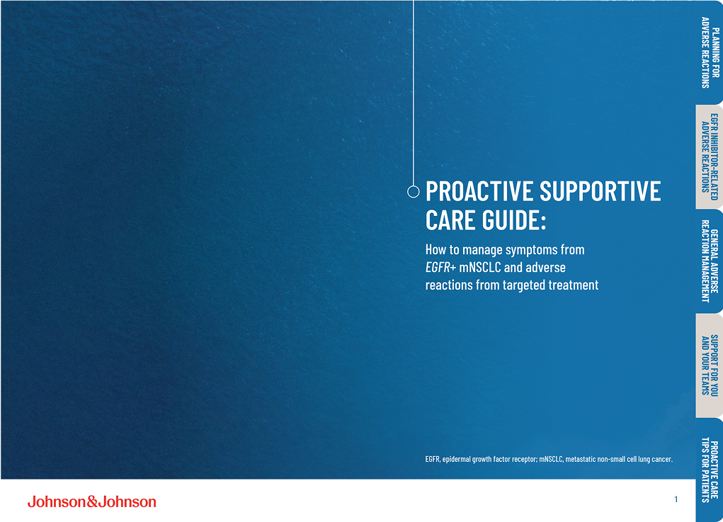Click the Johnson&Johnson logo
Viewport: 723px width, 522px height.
[x=91, y=501]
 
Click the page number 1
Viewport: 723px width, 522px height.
[x=676, y=500]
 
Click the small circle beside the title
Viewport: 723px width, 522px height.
[x=414, y=191]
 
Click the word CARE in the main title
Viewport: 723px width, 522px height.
[x=449, y=220]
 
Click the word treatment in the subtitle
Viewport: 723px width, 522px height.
[x=571, y=285]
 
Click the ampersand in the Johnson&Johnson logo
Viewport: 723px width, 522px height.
[x=91, y=501]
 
